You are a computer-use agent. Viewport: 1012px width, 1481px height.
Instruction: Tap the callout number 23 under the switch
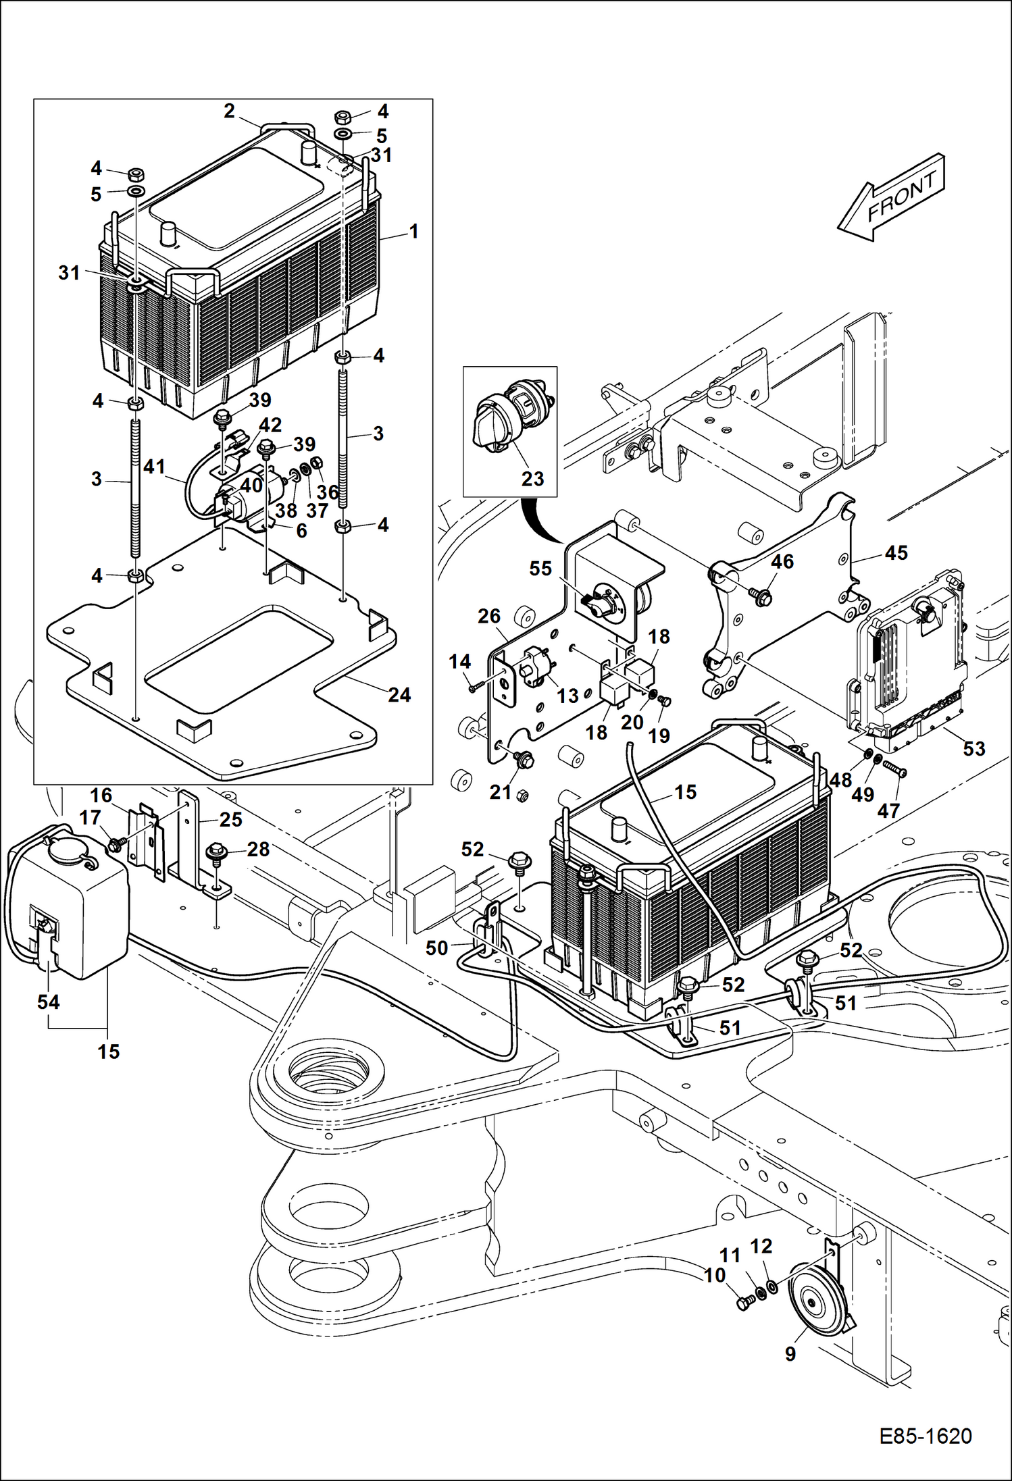[532, 479]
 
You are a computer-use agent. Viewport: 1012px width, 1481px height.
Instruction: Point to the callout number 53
[973, 748]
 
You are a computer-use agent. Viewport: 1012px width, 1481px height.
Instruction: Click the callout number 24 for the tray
[399, 694]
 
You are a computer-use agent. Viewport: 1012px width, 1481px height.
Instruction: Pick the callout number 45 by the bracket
[896, 552]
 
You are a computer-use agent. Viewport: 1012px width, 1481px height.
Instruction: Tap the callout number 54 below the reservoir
[49, 1002]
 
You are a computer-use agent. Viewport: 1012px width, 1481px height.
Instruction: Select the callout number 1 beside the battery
[413, 232]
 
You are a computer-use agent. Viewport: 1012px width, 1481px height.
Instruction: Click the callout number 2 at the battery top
[229, 111]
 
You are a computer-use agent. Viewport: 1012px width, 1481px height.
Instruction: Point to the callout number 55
[540, 569]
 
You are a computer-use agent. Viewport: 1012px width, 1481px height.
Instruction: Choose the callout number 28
[258, 849]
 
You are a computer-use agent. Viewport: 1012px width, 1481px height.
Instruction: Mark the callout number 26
[489, 616]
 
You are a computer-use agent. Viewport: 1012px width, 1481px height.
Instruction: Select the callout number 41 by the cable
[154, 466]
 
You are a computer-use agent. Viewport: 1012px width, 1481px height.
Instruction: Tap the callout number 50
[436, 948]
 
